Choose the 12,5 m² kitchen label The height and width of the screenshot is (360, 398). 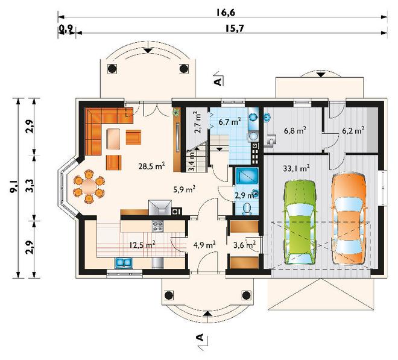[x=142, y=244]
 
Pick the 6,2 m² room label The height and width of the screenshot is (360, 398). [x=352, y=130]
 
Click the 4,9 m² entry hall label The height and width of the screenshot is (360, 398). [x=204, y=245]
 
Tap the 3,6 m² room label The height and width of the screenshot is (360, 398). [x=244, y=244]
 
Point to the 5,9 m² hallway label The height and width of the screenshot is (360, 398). [x=184, y=189]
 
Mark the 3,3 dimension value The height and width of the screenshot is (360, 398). [x=30, y=187]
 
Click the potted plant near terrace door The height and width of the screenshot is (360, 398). [x=177, y=112]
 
